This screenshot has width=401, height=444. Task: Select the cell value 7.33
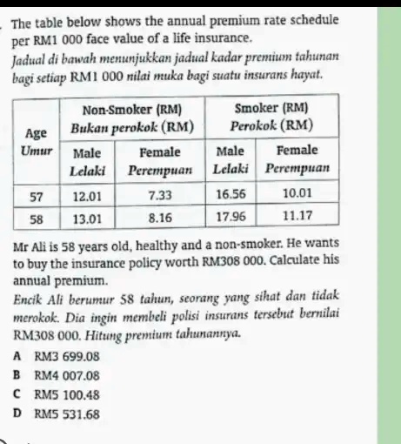click(x=159, y=198)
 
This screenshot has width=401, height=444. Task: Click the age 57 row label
click(x=38, y=198)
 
